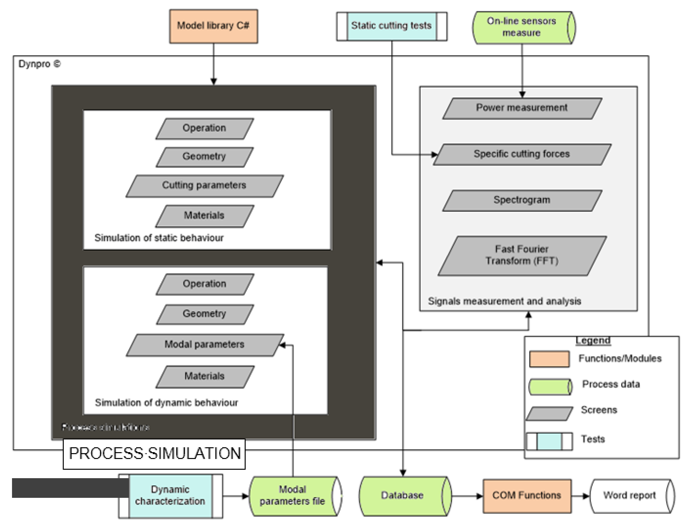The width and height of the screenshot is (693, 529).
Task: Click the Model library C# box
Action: pyautogui.click(x=213, y=26)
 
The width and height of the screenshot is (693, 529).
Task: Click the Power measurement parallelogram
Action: pyautogui.click(x=522, y=108)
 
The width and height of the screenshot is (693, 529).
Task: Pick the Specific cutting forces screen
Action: pyautogui.click(x=522, y=154)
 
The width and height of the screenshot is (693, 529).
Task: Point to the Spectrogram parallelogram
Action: pyautogui.click(x=522, y=200)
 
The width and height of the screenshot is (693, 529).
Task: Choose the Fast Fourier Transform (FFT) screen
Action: pyautogui.click(x=522, y=256)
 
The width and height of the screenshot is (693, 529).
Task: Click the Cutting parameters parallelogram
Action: pyautogui.click(x=204, y=186)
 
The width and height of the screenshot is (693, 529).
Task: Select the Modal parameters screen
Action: pyautogui.click(x=204, y=345)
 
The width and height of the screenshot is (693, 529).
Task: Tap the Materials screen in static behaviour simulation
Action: pyautogui.click(x=204, y=216)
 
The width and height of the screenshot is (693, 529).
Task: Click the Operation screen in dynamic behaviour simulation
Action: pyautogui.click(x=204, y=284)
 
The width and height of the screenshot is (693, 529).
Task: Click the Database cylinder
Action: pyautogui.click(x=402, y=496)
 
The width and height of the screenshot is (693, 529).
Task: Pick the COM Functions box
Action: pyautogui.click(x=526, y=496)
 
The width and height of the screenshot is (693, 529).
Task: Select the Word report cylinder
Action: pyautogui.click(x=629, y=496)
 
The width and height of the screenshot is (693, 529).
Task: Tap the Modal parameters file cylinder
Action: pyautogui.click(x=292, y=496)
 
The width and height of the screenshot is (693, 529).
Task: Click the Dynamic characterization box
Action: pyautogui.click(x=170, y=496)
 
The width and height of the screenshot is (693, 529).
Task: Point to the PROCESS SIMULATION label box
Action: pyautogui.click(x=154, y=454)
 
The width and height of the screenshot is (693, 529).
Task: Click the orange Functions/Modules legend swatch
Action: pyautogui.click(x=549, y=359)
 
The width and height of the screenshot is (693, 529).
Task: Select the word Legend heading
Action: pyautogui.click(x=593, y=341)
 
